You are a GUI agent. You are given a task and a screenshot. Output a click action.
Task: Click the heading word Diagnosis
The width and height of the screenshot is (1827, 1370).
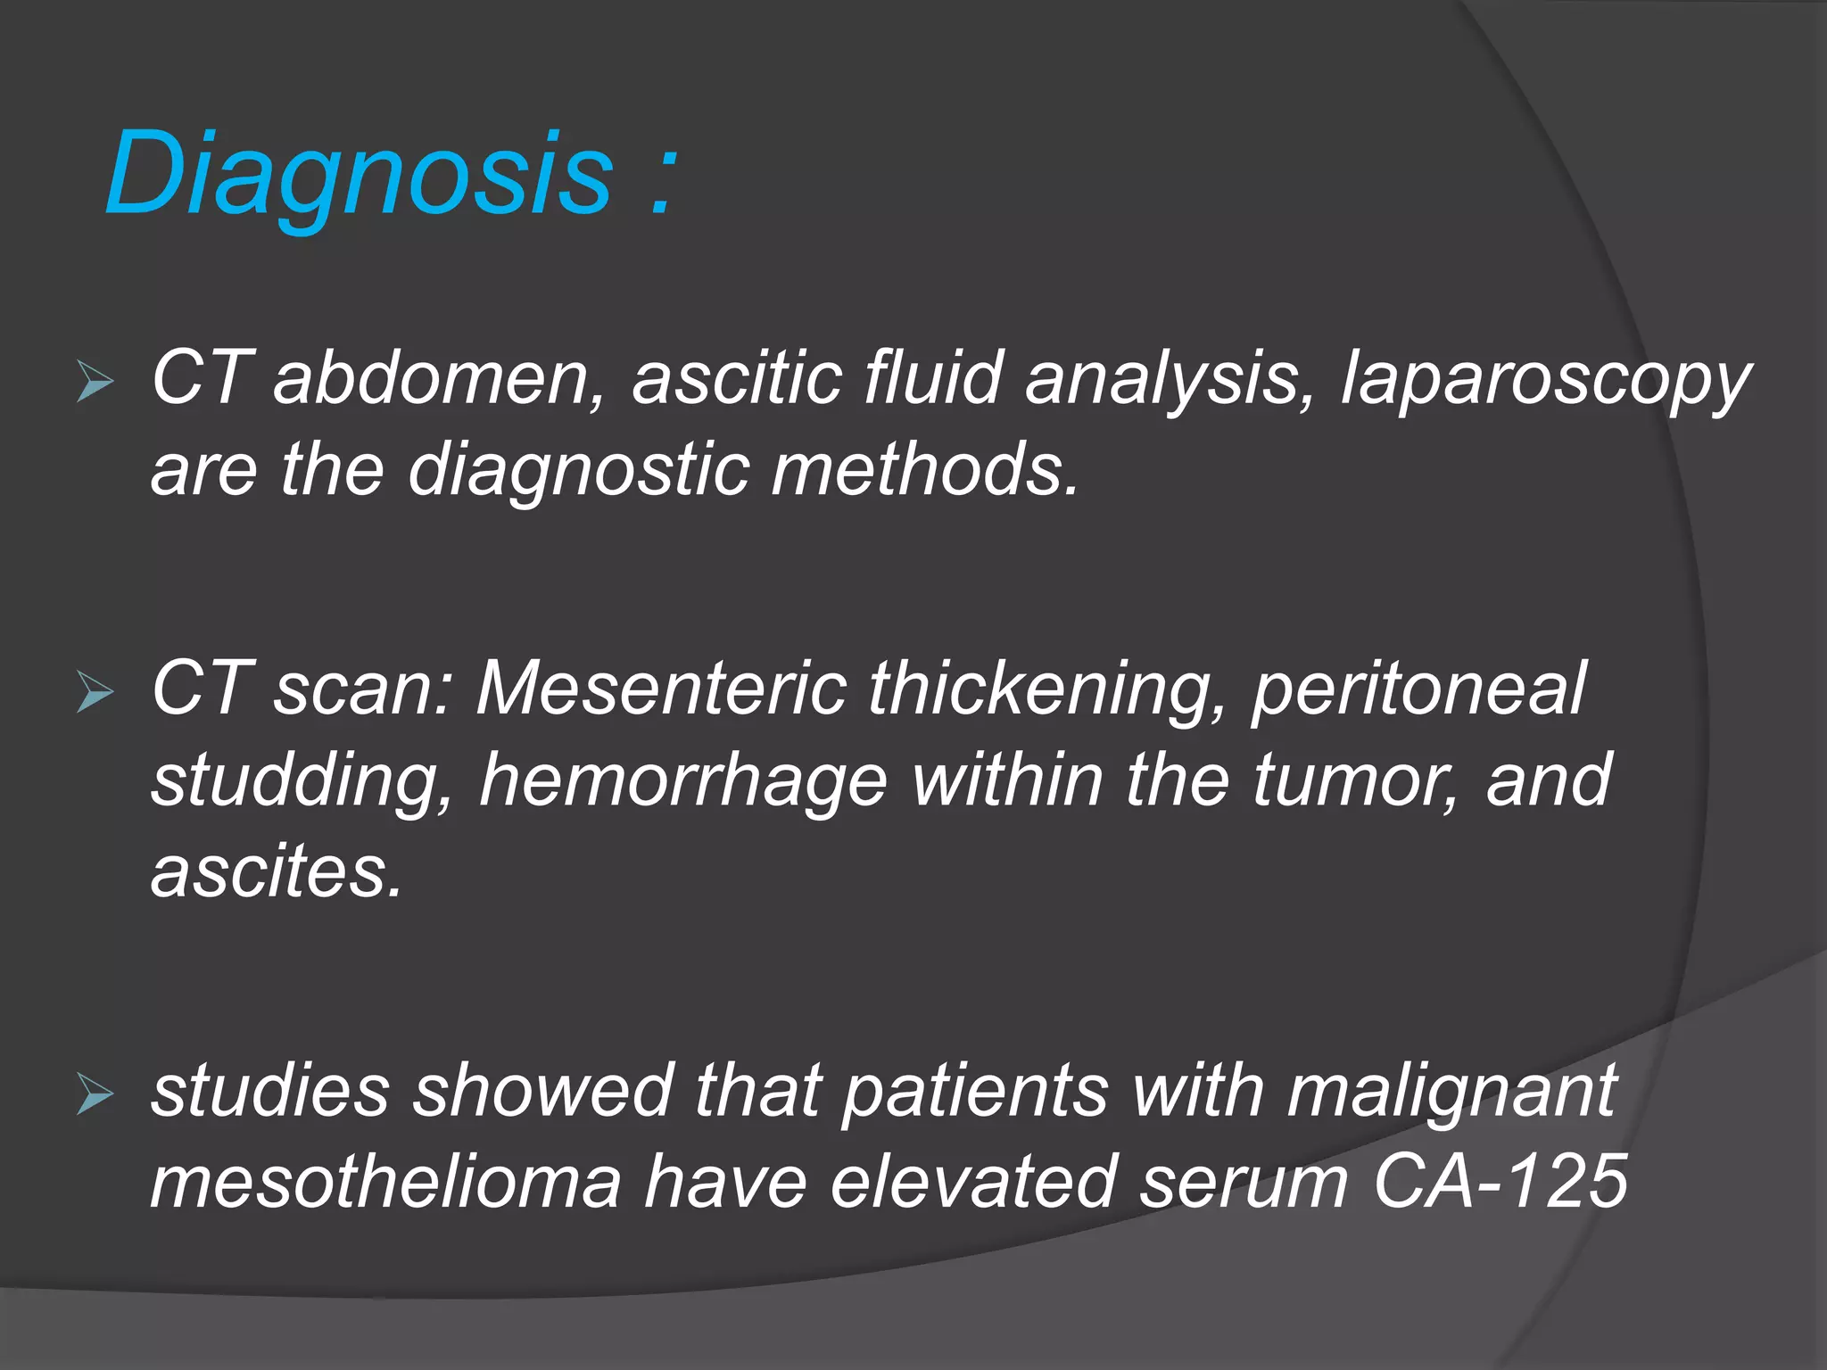[x=357, y=174]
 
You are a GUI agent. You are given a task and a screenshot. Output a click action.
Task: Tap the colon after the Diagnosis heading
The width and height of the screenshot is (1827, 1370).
[x=662, y=183]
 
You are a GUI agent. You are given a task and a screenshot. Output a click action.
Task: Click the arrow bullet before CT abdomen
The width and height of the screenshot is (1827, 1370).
[x=95, y=382]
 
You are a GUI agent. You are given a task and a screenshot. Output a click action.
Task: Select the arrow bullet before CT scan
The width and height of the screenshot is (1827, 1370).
[x=95, y=692]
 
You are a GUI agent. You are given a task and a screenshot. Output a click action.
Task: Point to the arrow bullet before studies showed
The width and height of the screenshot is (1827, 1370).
[x=95, y=1094]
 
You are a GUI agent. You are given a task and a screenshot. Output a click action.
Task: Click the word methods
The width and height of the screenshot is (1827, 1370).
[x=924, y=469]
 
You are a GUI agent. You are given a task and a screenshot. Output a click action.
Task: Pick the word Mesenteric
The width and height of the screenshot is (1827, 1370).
[x=660, y=689]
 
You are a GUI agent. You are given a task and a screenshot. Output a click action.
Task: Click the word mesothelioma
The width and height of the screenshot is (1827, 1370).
[x=385, y=1182]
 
